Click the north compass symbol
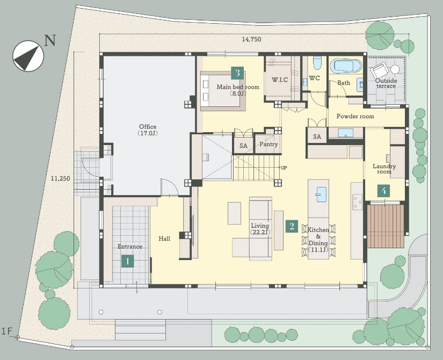tap(28, 56)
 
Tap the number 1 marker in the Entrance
tap(128, 261)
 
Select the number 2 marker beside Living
tap(292, 226)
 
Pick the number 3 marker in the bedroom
tap(237, 73)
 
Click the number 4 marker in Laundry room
tap(384, 191)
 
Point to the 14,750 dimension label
tap(251, 39)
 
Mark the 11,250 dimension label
tap(61, 179)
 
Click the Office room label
tap(148, 130)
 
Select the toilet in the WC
tap(317, 63)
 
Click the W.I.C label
tap(280, 80)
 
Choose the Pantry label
tap(268, 144)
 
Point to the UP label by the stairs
tap(284, 168)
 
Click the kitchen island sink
tap(321, 195)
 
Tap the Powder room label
tap(355, 116)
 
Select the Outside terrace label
tap(386, 83)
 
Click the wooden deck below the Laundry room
tap(386, 226)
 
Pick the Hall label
tap(164, 239)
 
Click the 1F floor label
tap(8, 331)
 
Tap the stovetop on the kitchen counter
tap(358, 202)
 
